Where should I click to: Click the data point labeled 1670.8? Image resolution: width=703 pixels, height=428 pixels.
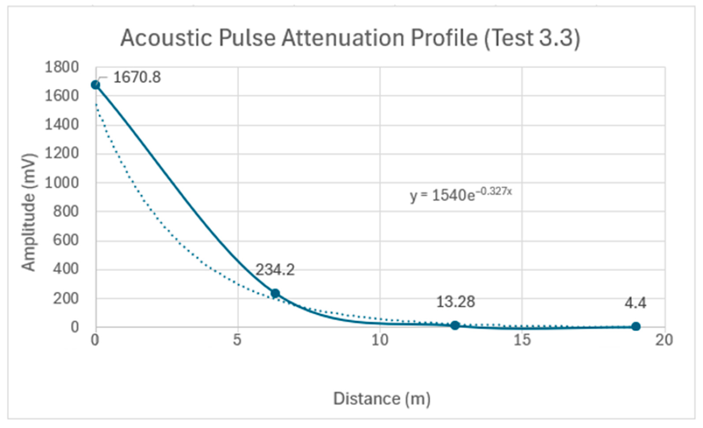coord(96,85)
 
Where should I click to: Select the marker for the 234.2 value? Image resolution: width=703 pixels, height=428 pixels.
coord(275,293)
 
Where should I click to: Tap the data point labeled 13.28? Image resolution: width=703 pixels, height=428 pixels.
coord(455,325)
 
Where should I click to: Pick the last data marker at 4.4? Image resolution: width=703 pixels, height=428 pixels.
coord(636,326)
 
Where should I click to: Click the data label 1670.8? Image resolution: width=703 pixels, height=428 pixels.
coord(137,77)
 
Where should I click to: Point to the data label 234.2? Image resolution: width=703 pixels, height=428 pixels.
coord(275,270)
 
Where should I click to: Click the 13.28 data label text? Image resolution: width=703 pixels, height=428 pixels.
coord(456,302)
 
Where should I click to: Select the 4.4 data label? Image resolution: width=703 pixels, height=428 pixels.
coord(635,303)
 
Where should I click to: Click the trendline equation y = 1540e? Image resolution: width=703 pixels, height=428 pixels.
coord(443,196)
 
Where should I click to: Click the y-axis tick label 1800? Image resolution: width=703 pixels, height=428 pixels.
coord(61,67)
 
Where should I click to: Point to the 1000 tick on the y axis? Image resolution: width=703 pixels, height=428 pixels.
coord(61,183)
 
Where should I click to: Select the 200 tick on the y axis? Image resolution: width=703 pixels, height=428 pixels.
coord(65,299)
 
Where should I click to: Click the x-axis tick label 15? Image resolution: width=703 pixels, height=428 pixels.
coord(522,340)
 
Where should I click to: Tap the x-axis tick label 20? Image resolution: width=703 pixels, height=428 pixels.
coord(664,340)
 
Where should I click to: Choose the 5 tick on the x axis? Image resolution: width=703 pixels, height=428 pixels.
coord(237,340)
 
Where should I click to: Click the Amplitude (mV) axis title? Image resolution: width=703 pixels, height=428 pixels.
coord(28,212)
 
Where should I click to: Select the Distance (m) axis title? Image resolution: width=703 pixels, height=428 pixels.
coord(382,398)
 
